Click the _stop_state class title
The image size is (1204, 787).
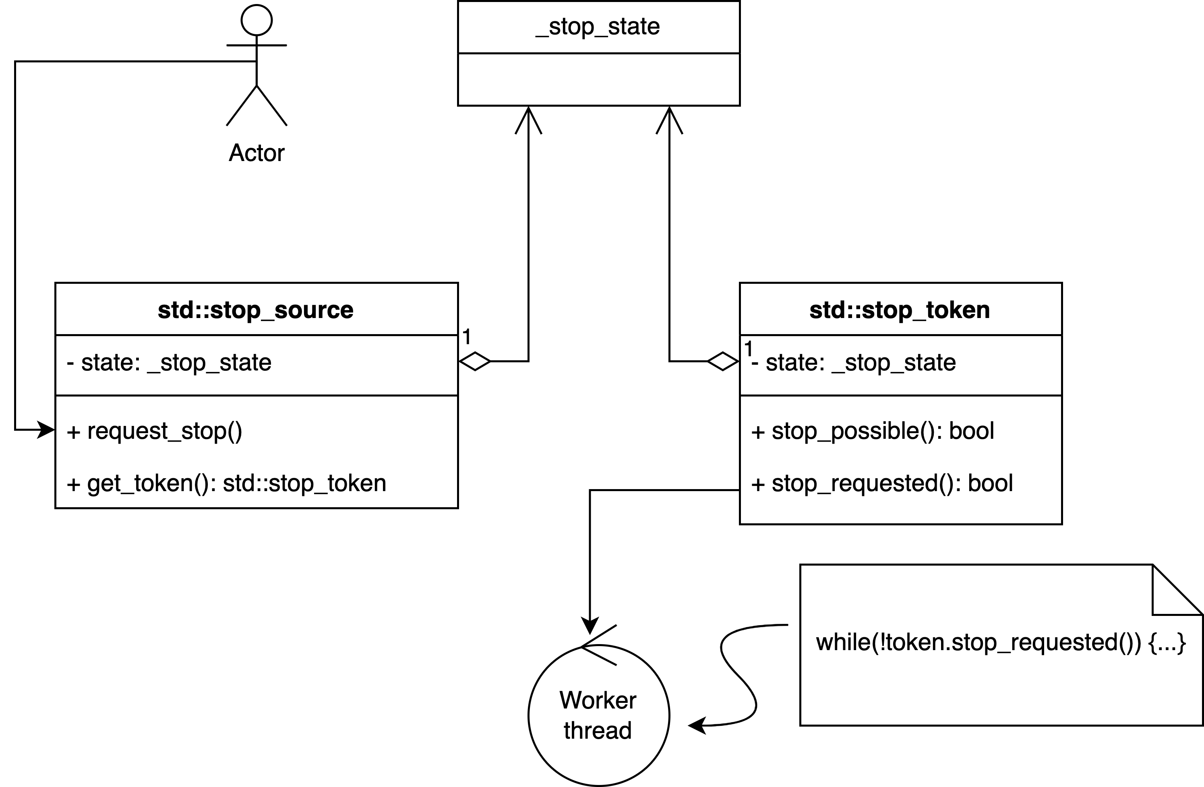click(x=598, y=26)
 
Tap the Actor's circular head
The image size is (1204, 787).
click(x=257, y=20)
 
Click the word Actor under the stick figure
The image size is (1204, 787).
click(x=257, y=153)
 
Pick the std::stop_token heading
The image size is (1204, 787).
click(x=900, y=310)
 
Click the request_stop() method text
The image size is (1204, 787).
click(x=155, y=431)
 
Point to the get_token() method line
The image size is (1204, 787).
click(x=227, y=483)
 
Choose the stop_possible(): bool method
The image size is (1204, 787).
click(x=873, y=431)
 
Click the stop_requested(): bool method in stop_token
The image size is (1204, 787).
click(x=882, y=483)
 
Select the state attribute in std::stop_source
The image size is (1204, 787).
click(x=170, y=363)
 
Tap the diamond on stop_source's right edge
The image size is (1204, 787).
click(x=474, y=361)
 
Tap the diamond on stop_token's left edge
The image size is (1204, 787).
click(x=723, y=361)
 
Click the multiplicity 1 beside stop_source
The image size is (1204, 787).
click(x=466, y=337)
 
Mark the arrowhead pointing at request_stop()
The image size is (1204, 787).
click(x=47, y=430)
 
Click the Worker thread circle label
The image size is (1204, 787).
click(x=598, y=715)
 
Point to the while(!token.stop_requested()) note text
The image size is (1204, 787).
click(x=1001, y=642)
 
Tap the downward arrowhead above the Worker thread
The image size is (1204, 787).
click(x=590, y=626)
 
